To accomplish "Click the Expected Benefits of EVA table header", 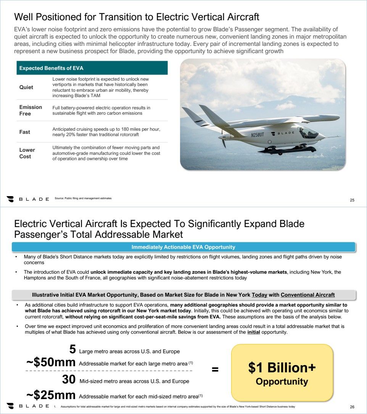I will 52,68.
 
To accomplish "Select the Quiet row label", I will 26,87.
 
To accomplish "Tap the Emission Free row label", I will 31,110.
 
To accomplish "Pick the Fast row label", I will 25,132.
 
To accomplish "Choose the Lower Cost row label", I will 27,153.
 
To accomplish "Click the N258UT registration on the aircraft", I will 257,135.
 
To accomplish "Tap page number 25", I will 352,200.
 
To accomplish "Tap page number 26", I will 352,406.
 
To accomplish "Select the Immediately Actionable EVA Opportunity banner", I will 183,247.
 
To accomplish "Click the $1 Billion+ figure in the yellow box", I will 282,368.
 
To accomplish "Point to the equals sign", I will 215,369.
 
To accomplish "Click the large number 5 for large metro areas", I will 72,349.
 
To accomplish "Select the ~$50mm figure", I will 51,363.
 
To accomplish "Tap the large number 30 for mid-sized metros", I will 69,380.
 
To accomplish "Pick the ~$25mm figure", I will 51,395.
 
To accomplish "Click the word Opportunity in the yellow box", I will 282,381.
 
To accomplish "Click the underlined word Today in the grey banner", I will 259,295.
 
